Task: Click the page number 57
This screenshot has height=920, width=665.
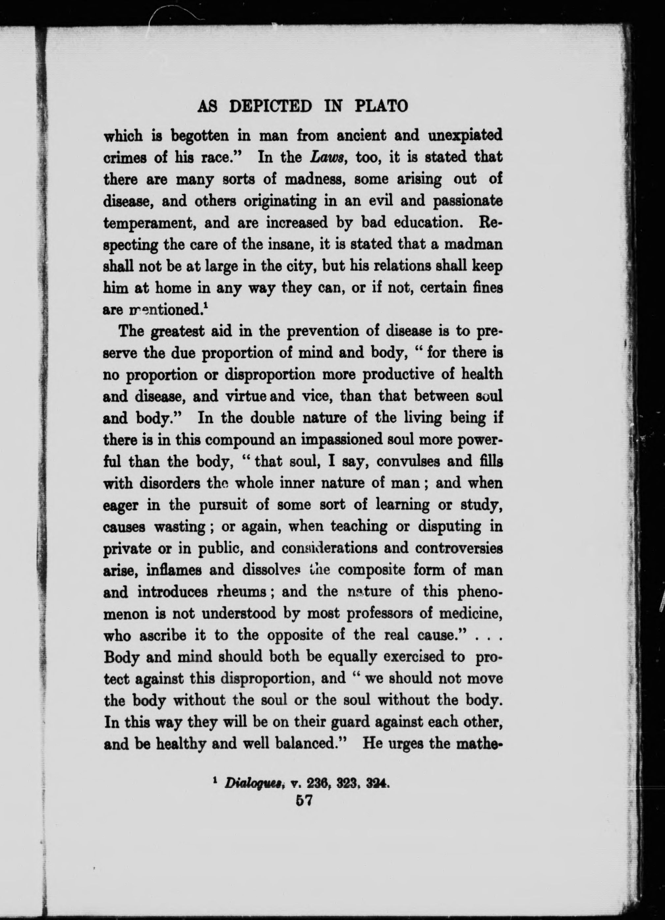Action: pyautogui.click(x=304, y=801)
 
